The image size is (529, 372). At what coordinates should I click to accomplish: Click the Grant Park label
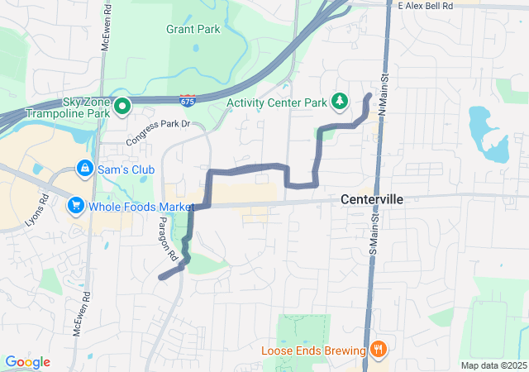pyautogui.click(x=193, y=29)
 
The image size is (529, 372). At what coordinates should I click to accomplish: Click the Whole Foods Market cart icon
pyautogui.click(x=76, y=205)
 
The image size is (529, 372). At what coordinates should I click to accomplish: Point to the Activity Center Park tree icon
pyautogui.click(x=339, y=101)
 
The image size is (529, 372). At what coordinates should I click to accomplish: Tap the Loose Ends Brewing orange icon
pyautogui.click(x=379, y=349)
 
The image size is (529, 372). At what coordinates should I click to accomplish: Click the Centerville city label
pyautogui.click(x=372, y=200)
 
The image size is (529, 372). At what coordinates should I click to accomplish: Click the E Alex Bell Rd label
pyautogui.click(x=426, y=6)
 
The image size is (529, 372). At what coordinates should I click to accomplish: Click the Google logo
pyautogui.click(x=27, y=362)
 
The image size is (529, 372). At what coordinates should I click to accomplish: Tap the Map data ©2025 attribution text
pyautogui.click(x=493, y=365)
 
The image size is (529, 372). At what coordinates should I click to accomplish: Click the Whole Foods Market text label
pyautogui.click(x=141, y=206)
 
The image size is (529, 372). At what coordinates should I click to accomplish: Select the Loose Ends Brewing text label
pyautogui.click(x=313, y=350)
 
